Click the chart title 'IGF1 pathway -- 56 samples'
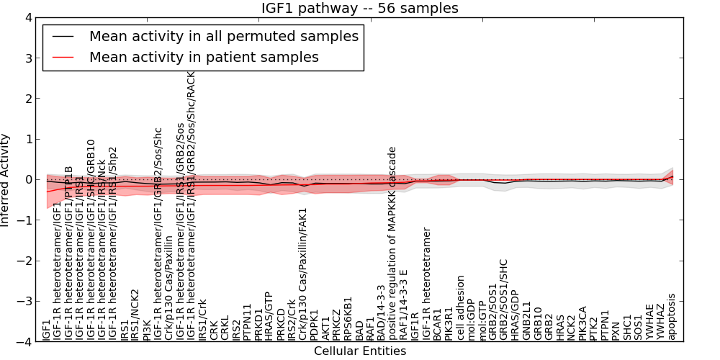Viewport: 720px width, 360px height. tap(360, 9)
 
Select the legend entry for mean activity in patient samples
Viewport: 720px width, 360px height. tap(204, 57)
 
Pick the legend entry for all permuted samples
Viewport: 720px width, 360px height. tap(223, 36)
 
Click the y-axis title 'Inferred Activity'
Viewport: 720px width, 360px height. tap(6, 179)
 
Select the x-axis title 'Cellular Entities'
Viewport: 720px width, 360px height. tap(360, 351)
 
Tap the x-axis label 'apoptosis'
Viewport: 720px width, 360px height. tap(672, 317)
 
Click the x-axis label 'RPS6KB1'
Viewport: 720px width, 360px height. tap(348, 318)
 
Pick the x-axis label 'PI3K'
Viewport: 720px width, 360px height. tap(147, 327)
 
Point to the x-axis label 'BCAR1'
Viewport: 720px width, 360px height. tap(437, 324)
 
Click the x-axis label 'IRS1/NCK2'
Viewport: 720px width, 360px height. tap(135, 315)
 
